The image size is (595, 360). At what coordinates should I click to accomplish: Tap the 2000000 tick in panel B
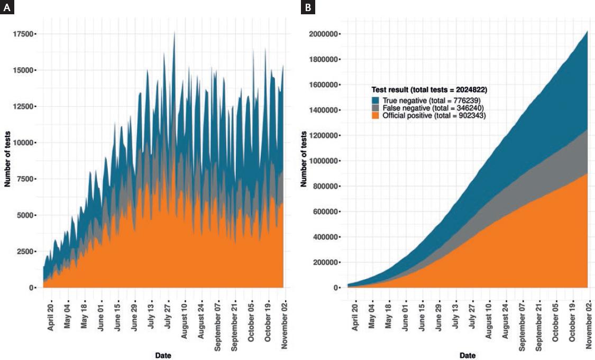(324, 34)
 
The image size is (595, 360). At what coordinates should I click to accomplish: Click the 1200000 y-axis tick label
(324, 135)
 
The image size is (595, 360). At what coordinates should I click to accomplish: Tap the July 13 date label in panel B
(454, 313)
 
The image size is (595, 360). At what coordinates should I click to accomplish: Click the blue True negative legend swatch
(375, 100)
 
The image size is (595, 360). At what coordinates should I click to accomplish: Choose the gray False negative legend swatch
(375, 107)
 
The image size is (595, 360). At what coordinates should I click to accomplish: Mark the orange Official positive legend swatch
(375, 115)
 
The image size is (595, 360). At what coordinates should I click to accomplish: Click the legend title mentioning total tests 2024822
(429, 90)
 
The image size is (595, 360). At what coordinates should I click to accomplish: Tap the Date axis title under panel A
(163, 356)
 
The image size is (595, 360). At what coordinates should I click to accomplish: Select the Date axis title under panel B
(467, 356)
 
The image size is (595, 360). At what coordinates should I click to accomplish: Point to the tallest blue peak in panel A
(175, 33)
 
